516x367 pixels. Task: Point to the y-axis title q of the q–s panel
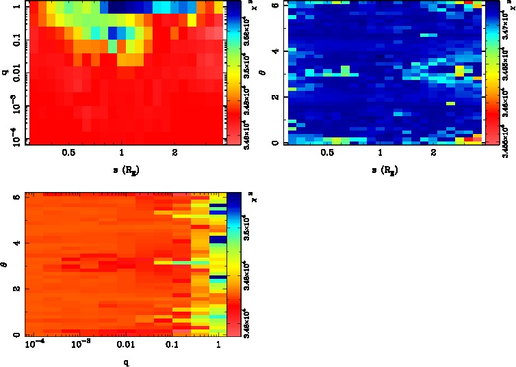coord(5,67)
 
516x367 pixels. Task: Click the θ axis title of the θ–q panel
coord(6,264)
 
